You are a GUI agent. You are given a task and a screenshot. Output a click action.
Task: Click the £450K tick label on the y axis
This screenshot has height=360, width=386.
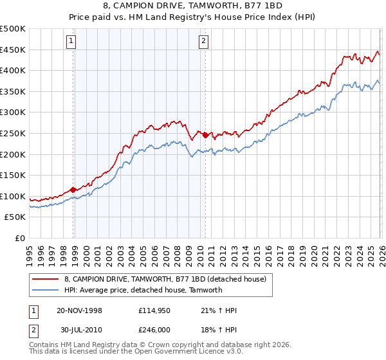point(13,50)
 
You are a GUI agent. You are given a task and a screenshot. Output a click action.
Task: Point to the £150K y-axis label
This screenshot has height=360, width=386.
point(13,175)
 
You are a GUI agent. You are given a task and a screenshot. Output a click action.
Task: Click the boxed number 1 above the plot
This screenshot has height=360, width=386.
point(70,42)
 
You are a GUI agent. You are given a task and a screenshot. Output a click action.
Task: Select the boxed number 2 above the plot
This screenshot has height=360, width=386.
point(203,42)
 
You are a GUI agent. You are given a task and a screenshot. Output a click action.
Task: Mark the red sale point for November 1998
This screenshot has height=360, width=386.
point(73,190)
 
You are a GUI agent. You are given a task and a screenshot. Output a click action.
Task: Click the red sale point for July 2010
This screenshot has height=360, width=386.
point(205,135)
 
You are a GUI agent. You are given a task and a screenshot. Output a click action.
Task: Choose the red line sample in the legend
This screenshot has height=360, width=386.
point(46,279)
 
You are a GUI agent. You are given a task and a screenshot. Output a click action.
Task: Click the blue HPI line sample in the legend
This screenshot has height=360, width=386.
point(46,290)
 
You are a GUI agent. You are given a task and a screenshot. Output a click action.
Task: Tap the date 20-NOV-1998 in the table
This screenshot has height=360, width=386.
point(79,310)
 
